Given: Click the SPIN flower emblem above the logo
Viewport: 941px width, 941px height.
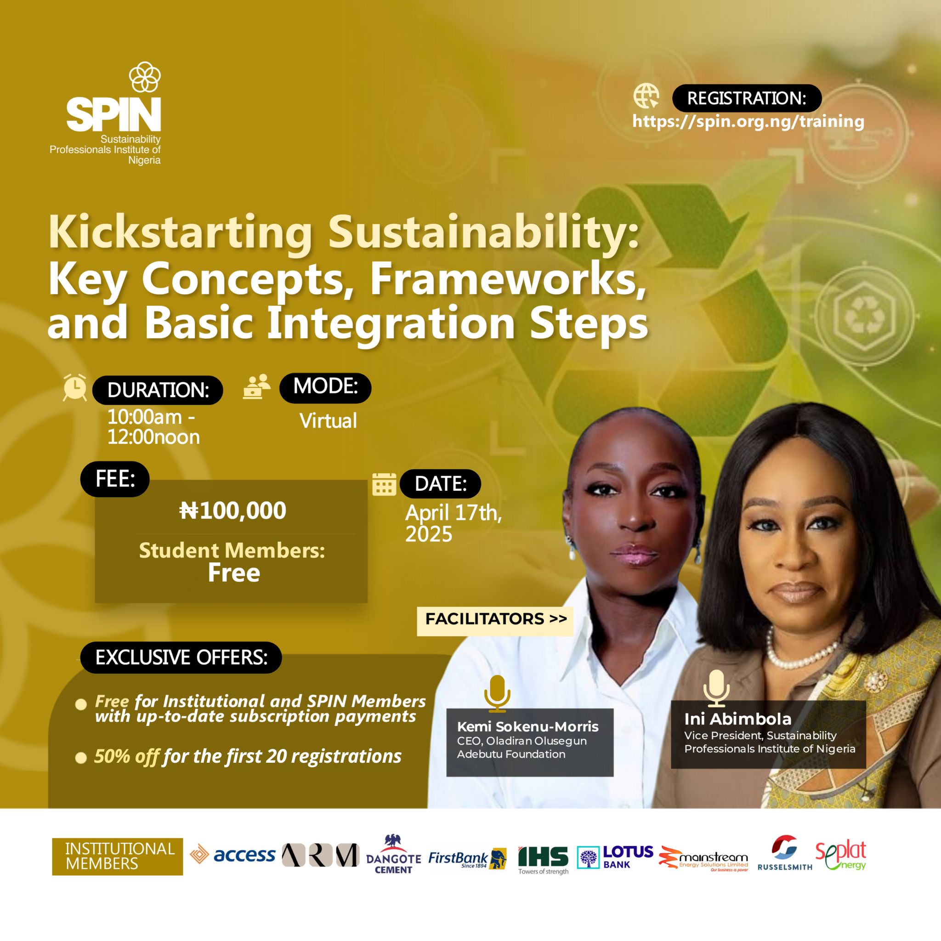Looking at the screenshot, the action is coord(145,76).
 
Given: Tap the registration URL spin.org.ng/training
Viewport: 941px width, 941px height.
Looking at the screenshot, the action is coord(748,121).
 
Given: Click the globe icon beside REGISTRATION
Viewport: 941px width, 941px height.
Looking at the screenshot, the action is coord(646,96).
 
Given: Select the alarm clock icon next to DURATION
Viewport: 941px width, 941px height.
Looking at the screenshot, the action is coord(75,388).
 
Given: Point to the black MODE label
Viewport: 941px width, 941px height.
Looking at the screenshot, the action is coord(325,388).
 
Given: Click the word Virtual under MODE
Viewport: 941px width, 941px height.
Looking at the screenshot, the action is coord(328,421).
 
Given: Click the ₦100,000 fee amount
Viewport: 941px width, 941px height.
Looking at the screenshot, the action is coord(233,510).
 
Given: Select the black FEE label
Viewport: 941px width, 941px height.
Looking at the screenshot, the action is coord(115,479).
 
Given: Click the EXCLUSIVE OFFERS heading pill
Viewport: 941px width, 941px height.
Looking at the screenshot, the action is coord(181,658).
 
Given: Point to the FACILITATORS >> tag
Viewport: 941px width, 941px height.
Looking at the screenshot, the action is coord(495,619).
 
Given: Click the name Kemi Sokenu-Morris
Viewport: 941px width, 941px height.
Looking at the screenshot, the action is coord(527,727).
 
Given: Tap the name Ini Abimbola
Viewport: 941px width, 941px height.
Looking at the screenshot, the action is coord(738,719).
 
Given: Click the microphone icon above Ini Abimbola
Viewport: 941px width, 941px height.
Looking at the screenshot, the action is coord(716,688).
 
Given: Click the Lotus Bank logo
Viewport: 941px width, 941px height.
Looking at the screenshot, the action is coord(615,857).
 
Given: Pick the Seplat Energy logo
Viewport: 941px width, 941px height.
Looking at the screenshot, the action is coord(841,855).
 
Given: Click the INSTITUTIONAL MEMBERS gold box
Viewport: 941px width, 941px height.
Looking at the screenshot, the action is coord(117,857).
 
